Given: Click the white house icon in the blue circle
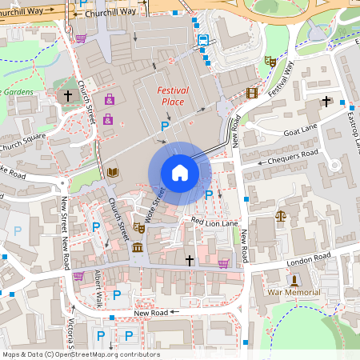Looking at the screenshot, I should point(179,172).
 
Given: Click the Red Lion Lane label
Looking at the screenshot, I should point(214,221).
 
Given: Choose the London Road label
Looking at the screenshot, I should point(309,260).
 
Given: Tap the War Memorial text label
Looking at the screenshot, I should point(294,293).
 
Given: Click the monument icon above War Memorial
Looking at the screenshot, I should point(294,280).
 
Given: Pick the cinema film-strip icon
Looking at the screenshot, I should point(253,93).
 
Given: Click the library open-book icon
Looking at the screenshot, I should point(112,172).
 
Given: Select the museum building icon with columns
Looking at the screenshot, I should point(138,247).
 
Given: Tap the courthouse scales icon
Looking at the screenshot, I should point(280,215).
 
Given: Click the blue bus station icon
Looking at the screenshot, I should point(203,40).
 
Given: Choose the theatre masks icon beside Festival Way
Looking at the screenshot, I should point(270,61).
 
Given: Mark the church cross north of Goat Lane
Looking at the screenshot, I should point(326,101).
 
